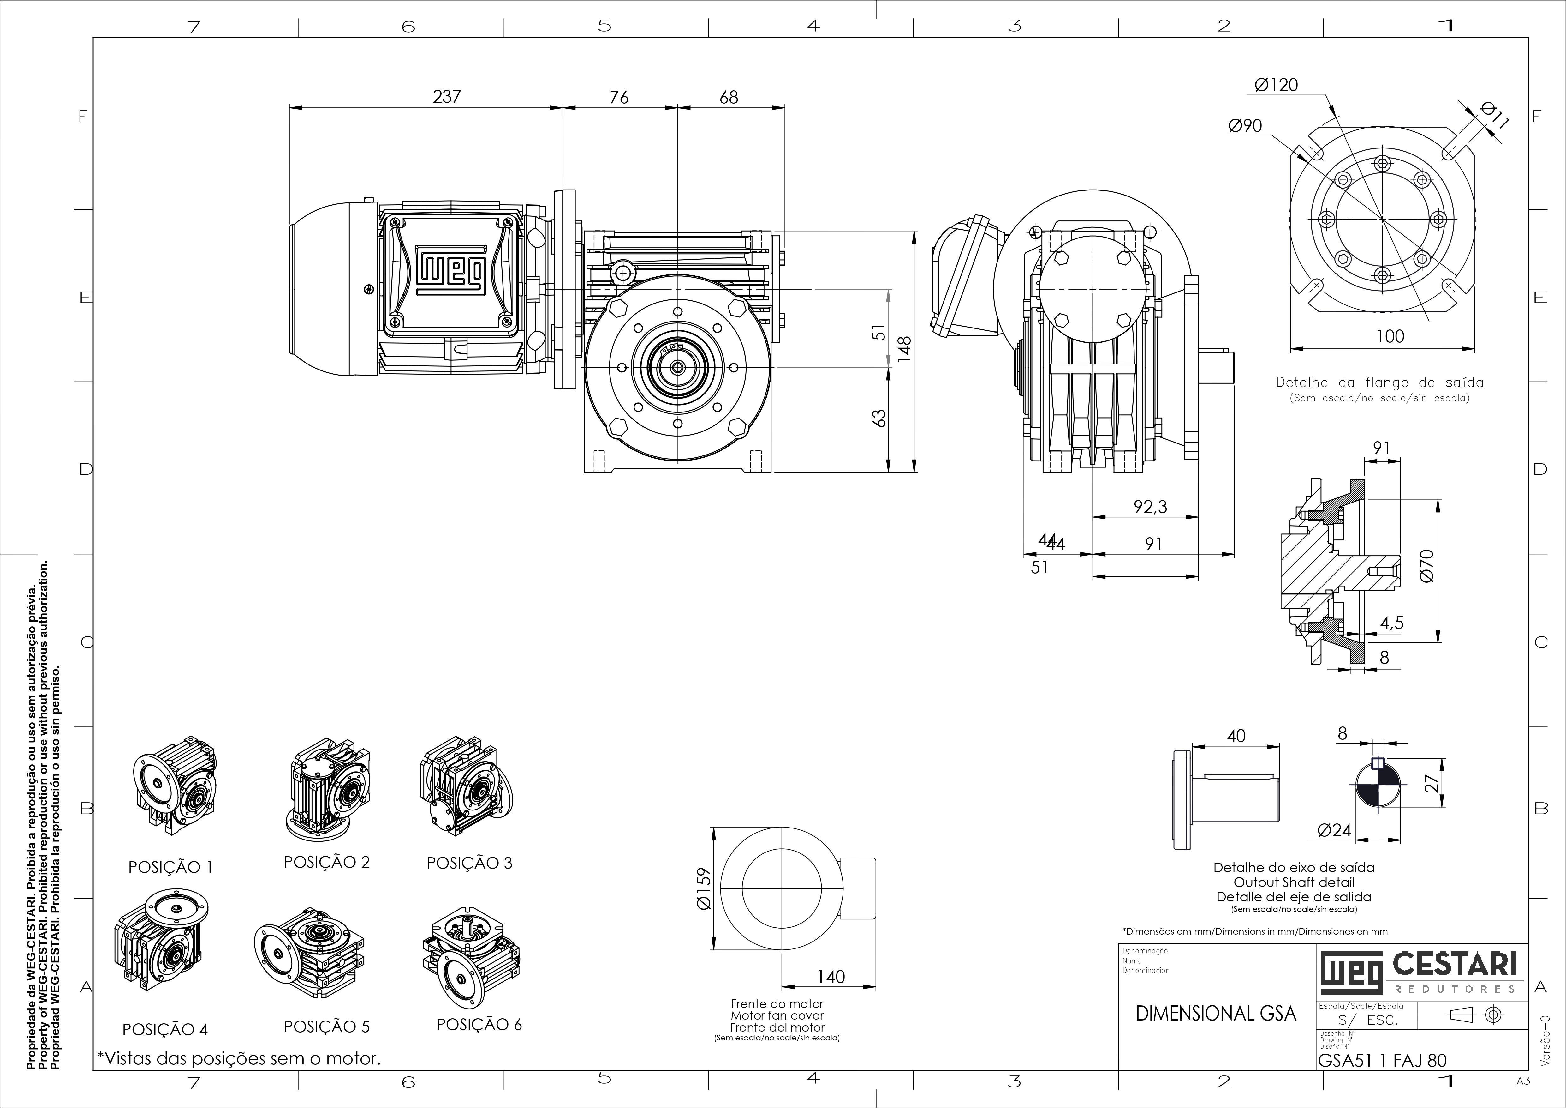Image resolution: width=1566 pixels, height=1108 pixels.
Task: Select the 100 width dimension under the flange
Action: [1390, 336]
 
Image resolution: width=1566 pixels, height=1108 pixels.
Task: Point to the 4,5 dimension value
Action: [1391, 623]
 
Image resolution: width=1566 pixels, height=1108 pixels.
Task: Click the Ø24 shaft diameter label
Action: [1334, 830]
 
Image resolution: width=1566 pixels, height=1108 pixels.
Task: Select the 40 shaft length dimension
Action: [1236, 736]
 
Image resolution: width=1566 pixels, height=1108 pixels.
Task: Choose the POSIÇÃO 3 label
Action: [469, 863]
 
